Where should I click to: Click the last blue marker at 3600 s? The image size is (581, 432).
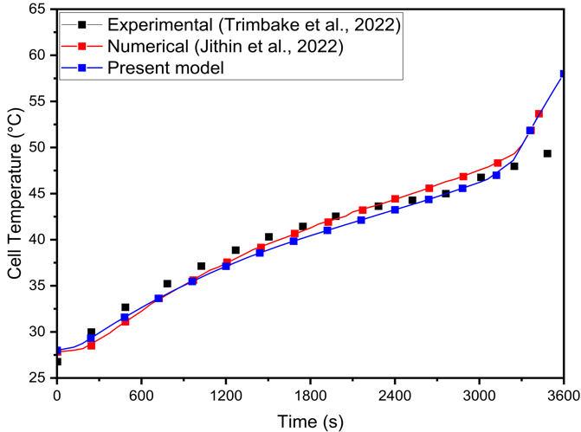point(563,74)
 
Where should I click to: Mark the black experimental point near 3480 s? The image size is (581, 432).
point(547,153)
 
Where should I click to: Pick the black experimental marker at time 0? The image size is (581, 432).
point(57,361)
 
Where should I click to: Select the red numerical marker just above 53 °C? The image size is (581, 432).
point(539,113)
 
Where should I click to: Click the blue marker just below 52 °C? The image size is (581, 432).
point(530,130)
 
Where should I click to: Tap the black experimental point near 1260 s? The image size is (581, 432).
point(236,250)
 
